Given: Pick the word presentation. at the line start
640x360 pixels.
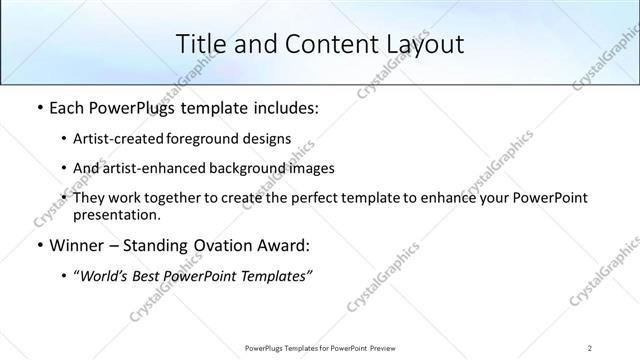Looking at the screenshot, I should pos(116,215).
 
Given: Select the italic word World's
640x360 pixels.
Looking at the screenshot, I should pos(105,275).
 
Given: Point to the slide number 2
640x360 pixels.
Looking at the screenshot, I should pos(591,347).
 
